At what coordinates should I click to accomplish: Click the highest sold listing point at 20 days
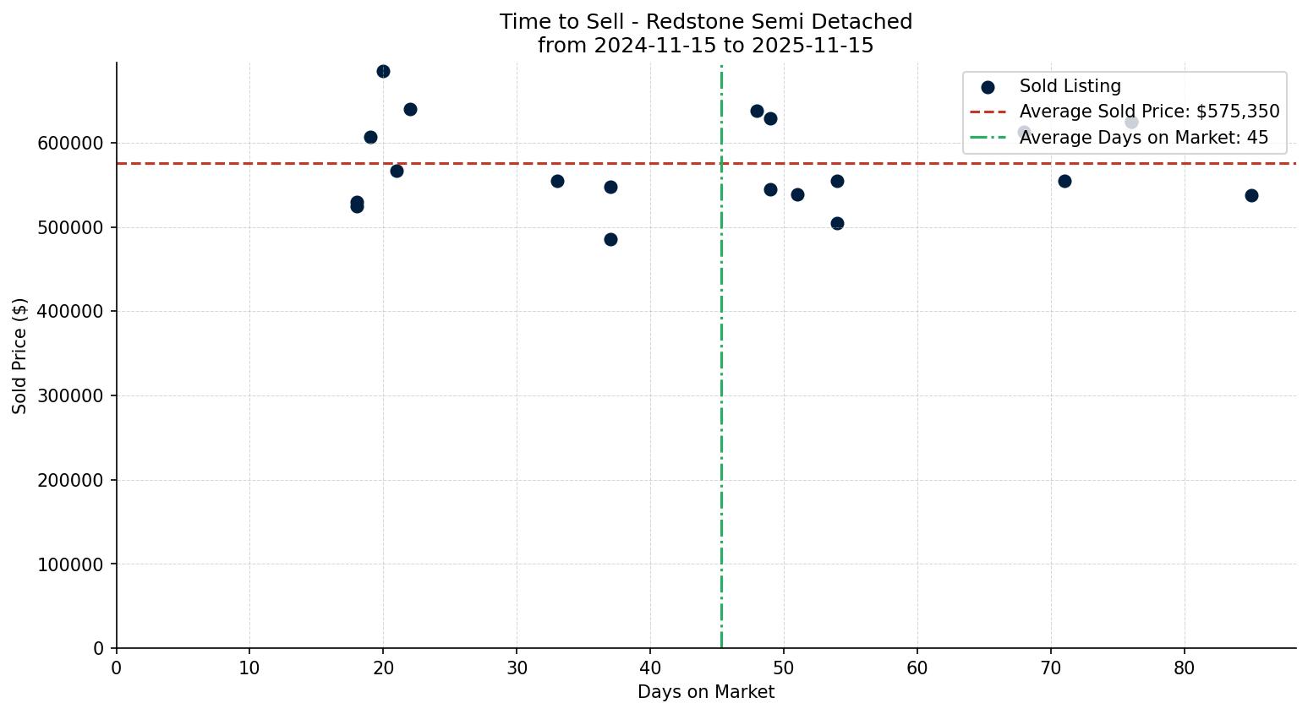383,72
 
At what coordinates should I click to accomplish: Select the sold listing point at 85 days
1251,196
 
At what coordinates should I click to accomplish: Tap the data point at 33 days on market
557,182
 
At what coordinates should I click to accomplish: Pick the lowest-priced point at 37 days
610,240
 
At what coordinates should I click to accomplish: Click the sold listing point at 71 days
1064,182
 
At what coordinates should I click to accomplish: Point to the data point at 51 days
797,195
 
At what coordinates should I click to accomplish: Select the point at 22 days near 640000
410,110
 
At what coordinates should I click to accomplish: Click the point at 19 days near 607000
370,138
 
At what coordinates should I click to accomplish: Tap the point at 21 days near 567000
397,172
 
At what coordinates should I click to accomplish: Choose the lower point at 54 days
837,224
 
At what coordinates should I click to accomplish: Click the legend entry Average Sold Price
1149,112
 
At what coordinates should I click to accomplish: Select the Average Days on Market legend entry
1143,138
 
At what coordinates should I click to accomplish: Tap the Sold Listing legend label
1070,86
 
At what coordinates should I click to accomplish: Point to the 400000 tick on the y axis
71,312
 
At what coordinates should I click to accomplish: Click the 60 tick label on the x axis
917,669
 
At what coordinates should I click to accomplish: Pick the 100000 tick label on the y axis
71,564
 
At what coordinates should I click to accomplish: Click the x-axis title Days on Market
706,693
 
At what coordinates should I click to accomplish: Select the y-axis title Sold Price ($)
20,356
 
